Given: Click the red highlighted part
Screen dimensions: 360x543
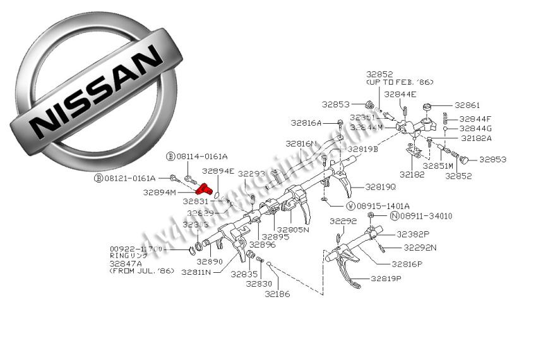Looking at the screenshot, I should pyautogui.click(x=203, y=188).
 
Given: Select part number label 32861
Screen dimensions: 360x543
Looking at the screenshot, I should pyautogui.click(x=468, y=105).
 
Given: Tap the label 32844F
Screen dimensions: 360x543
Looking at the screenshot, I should pyautogui.click(x=475, y=118).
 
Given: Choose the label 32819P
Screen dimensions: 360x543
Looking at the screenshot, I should pyautogui.click(x=386, y=278).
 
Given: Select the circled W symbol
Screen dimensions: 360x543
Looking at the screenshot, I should pyautogui.click(x=350, y=206).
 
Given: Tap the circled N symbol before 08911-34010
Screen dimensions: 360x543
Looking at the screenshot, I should pyautogui.click(x=394, y=216).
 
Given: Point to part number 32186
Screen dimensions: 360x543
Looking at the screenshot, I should pyautogui.click(x=277, y=294).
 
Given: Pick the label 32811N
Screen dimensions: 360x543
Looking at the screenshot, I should pyautogui.click(x=197, y=272).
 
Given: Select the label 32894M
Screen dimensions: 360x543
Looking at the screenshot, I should pyautogui.click(x=159, y=193).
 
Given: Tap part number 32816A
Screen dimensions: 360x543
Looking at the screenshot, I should pyautogui.click(x=306, y=123).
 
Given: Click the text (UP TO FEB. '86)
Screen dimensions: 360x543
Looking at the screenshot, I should pyautogui.click(x=400, y=82).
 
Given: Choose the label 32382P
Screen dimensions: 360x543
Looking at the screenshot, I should pyautogui.click(x=413, y=234).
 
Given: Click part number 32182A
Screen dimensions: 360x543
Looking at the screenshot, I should pyautogui.click(x=476, y=138).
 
